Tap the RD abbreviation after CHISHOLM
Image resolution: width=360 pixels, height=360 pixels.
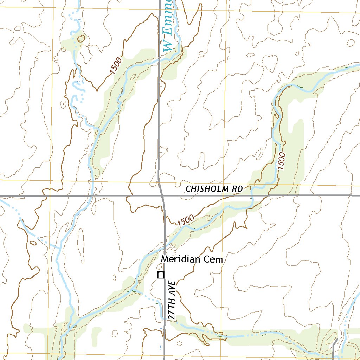point(238,189)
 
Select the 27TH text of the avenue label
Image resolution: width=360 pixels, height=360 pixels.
point(172,309)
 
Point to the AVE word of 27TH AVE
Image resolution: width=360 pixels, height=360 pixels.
point(172,289)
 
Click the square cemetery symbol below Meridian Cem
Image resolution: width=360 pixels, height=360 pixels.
point(161,275)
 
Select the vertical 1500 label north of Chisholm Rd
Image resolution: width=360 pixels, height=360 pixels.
point(282,161)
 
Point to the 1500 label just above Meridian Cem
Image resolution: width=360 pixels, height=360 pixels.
point(186,221)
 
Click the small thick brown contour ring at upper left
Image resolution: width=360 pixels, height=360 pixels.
point(81,38)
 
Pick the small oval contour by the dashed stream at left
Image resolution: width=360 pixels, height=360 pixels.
point(33,242)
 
